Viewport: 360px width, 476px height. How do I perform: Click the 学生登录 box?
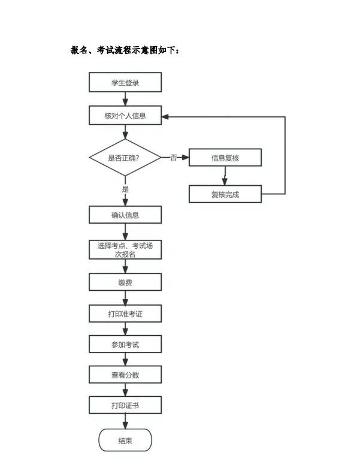pos(125,82)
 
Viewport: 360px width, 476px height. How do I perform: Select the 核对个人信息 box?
pos(125,115)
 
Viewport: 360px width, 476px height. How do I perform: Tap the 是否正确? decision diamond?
pos(125,158)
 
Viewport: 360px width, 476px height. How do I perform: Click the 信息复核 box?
pos(225,158)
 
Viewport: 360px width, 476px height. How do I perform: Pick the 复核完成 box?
pos(225,194)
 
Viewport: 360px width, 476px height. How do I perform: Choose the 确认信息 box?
pos(125,215)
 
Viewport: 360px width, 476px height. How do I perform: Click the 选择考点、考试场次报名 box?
pos(125,250)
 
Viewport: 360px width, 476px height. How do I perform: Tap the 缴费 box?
pos(125,282)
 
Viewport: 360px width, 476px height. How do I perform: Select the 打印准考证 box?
pos(125,314)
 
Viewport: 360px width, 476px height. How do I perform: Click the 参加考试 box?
pos(125,344)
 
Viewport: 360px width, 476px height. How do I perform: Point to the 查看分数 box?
pos(125,375)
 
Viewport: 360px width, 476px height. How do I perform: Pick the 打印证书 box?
pos(125,405)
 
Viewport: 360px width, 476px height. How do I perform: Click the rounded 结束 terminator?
pos(125,440)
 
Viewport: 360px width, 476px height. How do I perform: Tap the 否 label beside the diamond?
pos(173,158)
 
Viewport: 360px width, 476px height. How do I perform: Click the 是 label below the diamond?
pos(125,189)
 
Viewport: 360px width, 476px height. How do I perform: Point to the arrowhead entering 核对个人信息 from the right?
pos(165,116)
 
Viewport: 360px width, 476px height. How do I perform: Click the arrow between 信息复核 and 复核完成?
pos(225,176)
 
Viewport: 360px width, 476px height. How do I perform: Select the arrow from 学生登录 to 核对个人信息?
pos(125,99)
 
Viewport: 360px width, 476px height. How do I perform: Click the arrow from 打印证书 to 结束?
pos(125,421)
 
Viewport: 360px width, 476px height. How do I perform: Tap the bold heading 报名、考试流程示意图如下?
pos(125,50)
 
